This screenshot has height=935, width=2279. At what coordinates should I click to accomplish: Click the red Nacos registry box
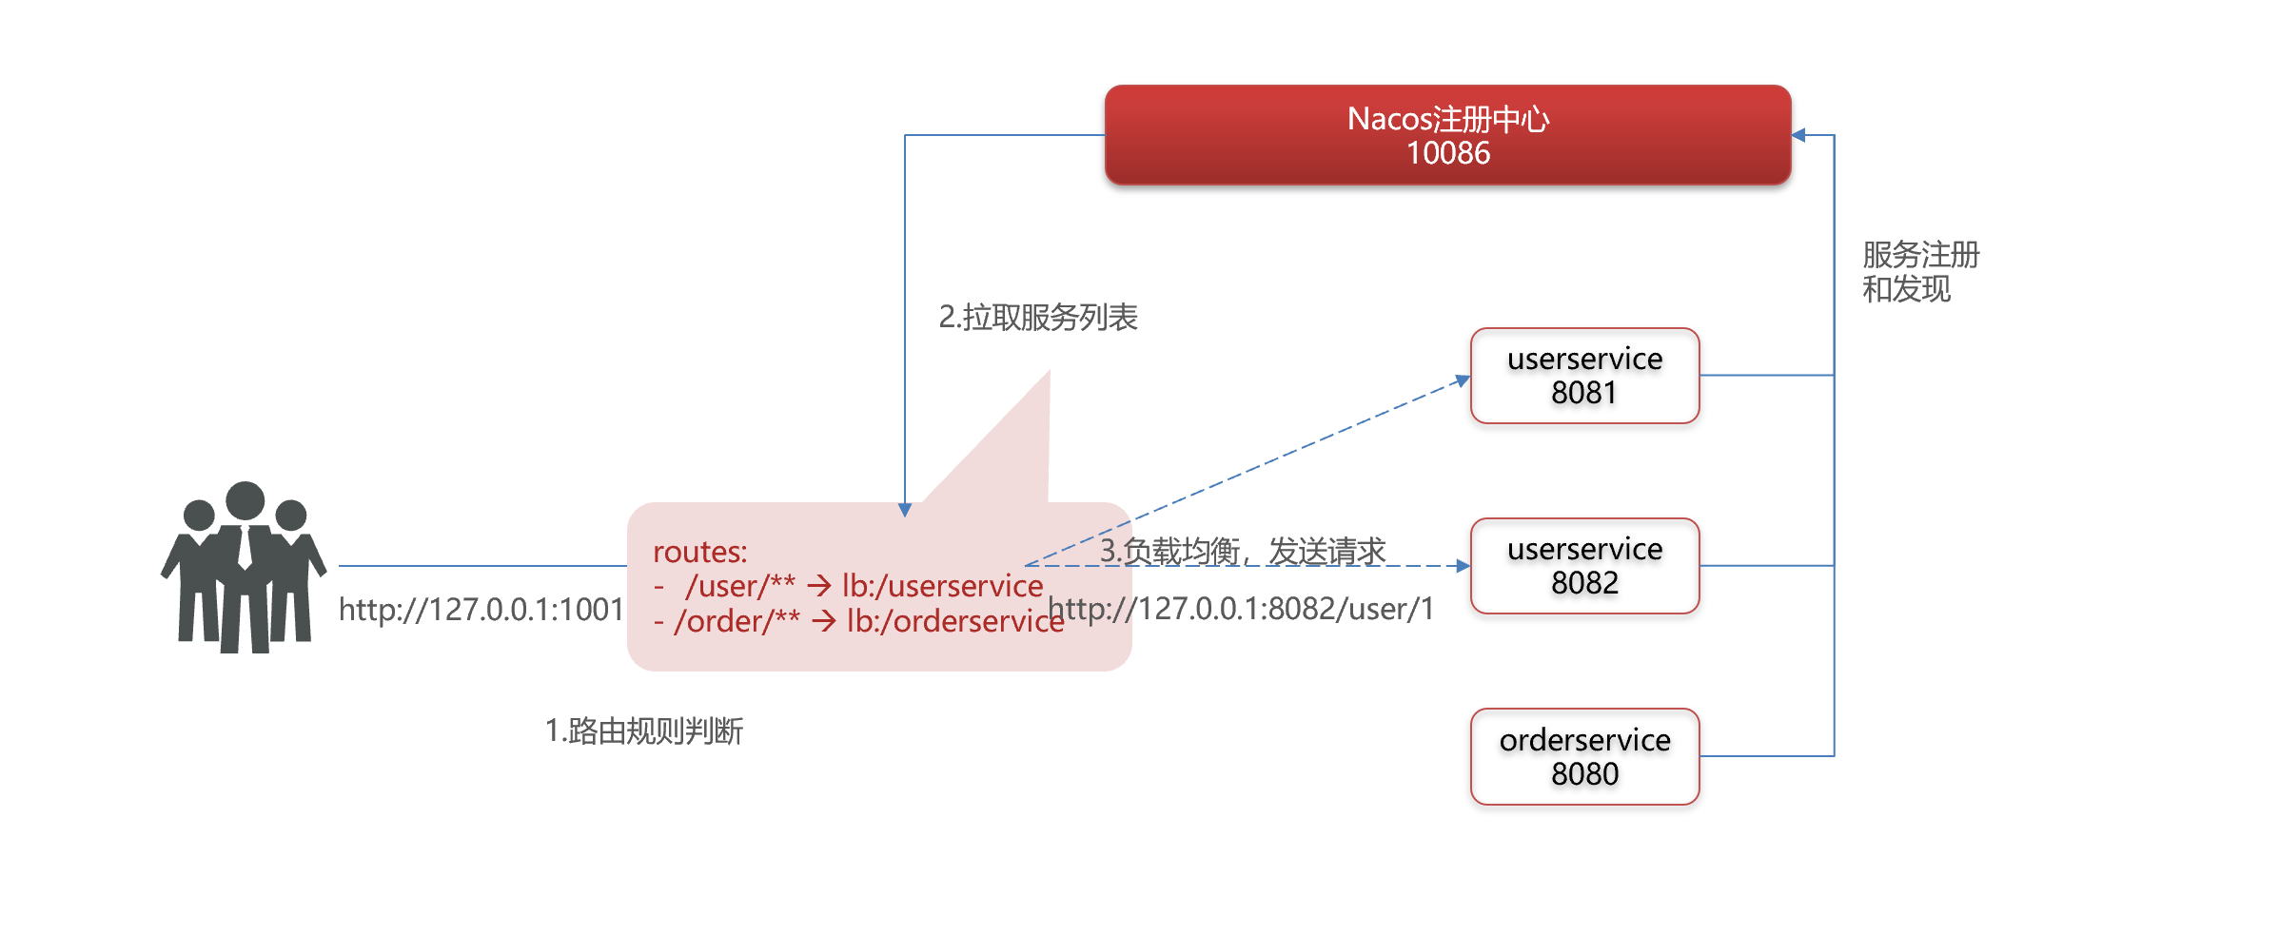click(1447, 135)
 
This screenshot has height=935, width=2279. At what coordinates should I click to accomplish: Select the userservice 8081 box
click(1584, 376)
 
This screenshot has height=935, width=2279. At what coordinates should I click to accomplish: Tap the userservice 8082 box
click(1584, 566)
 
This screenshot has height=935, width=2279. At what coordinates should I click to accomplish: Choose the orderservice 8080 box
click(1584, 756)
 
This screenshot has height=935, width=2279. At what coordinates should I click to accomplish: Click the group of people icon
click(244, 567)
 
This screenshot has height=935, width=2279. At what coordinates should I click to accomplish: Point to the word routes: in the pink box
click(700, 552)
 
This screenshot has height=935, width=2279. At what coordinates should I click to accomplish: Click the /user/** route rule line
click(849, 586)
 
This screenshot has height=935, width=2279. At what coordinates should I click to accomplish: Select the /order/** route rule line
click(859, 621)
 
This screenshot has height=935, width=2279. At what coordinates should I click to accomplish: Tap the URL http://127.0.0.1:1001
click(481, 609)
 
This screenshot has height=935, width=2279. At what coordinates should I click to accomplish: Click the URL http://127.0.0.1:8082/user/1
click(1241, 609)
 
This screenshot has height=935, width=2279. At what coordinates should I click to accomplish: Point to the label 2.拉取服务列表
click(1038, 317)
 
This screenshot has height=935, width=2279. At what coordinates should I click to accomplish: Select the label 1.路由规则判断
click(644, 730)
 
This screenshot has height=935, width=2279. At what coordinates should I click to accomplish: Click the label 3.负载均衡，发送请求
click(1243, 550)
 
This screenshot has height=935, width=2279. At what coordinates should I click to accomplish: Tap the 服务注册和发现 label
click(1920, 271)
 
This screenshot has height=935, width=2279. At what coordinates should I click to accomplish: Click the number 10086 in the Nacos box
click(1448, 153)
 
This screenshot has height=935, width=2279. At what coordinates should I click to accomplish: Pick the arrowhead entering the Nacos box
click(1798, 135)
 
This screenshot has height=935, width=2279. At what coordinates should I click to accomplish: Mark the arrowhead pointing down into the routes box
click(905, 510)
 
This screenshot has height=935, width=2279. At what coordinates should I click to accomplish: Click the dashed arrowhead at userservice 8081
click(1464, 380)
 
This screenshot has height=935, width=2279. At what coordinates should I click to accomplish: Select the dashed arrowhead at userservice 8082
click(1464, 566)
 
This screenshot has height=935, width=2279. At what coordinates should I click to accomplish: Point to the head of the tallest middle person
click(246, 500)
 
